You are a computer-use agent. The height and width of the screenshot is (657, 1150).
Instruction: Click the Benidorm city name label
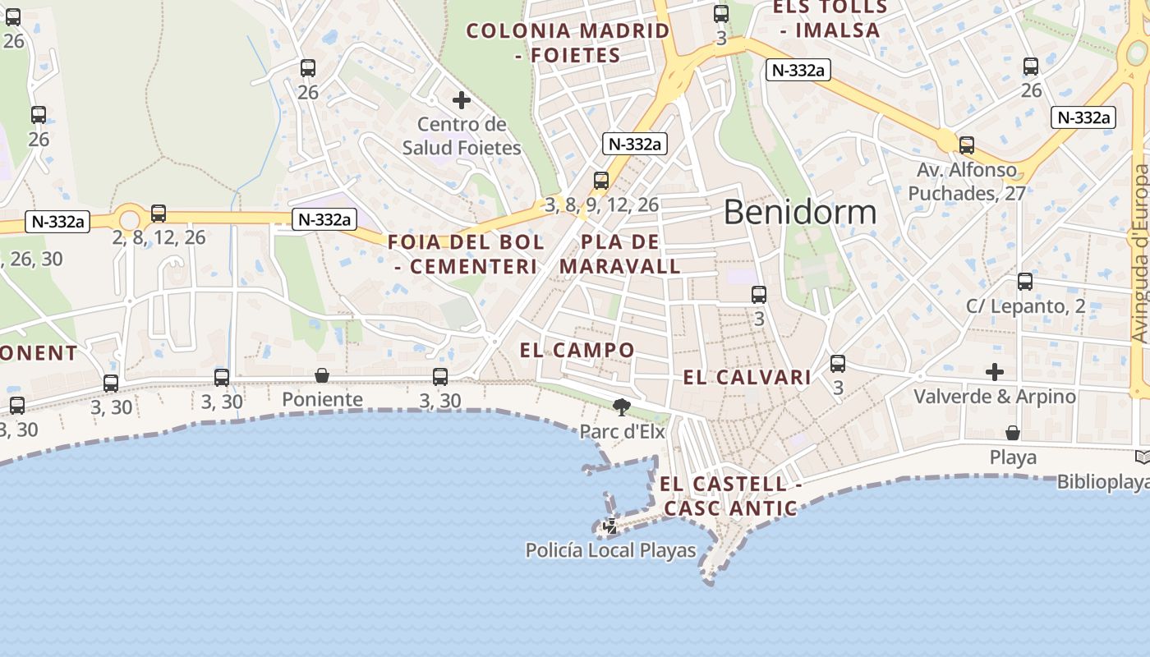coord(799,212)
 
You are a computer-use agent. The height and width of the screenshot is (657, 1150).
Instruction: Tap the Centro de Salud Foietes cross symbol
coord(462,100)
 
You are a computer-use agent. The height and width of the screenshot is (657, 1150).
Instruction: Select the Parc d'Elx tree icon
coord(622,407)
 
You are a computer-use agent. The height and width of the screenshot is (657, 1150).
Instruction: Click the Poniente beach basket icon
coord(322,375)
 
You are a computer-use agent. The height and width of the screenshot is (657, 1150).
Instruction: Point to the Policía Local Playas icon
coord(610,526)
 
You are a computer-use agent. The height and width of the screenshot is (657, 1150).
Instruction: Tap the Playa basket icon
coord(1013,433)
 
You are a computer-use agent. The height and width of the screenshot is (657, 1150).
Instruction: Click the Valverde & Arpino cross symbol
coord(995,372)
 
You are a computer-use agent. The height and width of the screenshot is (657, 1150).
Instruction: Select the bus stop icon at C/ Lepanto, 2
coord(1024,282)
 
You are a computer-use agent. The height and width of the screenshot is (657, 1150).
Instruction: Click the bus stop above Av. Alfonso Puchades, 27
coord(967,145)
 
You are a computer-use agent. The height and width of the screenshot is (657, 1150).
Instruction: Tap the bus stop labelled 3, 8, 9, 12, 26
coord(601,181)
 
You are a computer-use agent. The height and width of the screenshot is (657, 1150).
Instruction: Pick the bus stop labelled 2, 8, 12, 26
coord(159,214)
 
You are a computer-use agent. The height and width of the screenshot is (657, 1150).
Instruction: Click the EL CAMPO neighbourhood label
coord(577,350)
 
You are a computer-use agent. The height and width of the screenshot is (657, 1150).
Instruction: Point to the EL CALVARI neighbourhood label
coord(747,378)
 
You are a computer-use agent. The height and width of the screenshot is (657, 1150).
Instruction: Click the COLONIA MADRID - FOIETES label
coord(568,43)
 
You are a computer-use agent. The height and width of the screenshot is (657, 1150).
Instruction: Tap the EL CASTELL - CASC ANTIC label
coord(729,496)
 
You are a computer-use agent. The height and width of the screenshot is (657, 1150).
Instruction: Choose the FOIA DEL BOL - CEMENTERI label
coord(466,255)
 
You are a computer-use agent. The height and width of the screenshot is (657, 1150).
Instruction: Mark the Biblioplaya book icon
coord(1142,457)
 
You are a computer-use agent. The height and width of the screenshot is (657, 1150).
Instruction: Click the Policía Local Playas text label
coord(610,550)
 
